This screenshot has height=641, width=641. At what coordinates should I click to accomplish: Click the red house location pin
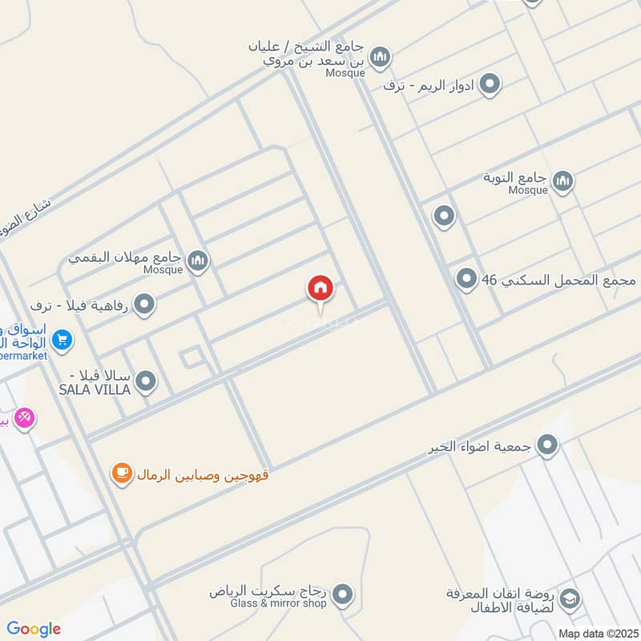click(x=320, y=289)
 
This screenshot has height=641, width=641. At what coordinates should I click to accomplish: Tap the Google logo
click(x=34, y=629)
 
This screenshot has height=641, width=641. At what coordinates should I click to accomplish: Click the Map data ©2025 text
click(x=596, y=633)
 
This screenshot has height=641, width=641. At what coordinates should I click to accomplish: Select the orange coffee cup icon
click(x=122, y=474)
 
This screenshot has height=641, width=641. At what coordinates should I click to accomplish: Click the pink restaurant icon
click(x=24, y=417)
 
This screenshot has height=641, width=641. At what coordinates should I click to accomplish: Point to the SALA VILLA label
click(x=95, y=382)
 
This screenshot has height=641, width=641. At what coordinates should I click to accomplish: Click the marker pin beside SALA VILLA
click(x=146, y=381)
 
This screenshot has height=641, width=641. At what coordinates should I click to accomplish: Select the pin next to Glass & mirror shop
click(x=343, y=595)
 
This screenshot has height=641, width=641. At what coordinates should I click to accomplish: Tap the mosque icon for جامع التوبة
click(x=562, y=181)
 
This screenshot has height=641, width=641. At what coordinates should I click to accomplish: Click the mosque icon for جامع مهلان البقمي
click(x=197, y=260)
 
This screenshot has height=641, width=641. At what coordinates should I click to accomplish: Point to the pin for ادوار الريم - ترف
click(x=490, y=83)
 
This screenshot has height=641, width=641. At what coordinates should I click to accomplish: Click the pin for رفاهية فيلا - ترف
click(x=144, y=304)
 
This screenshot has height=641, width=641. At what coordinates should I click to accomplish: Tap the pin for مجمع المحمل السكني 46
click(x=466, y=280)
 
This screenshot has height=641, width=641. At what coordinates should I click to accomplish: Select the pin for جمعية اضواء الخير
click(x=547, y=445)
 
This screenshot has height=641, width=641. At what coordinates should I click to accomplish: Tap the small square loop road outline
click(x=191, y=358)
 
